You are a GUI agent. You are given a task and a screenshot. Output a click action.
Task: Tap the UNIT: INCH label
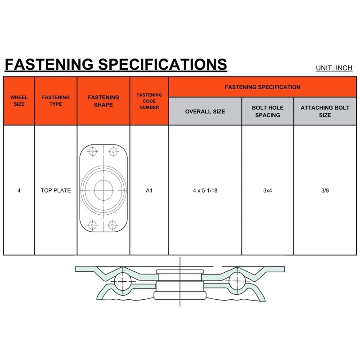[334, 68]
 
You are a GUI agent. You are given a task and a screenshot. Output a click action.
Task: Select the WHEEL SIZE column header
[19, 101]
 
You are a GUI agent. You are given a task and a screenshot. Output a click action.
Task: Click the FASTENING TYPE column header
[56, 101]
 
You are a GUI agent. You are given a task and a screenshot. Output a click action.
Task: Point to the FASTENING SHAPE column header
[103, 101]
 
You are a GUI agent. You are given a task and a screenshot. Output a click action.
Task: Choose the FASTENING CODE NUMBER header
[149, 101]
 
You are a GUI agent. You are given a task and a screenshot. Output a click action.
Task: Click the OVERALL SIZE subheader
[205, 111]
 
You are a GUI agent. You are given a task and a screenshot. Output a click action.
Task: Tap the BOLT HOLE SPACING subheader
[268, 111]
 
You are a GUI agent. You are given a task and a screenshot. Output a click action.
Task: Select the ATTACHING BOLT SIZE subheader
[325, 111]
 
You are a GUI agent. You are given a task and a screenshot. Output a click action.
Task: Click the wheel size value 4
[19, 190]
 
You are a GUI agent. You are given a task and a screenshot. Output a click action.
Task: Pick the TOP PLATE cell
[56, 190]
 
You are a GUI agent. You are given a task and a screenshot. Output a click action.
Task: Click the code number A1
[149, 190]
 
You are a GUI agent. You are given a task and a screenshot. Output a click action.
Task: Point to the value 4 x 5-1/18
[205, 190]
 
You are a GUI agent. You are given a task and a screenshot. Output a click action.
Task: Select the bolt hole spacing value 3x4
[268, 190]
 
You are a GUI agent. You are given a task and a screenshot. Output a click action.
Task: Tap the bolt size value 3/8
[325, 190]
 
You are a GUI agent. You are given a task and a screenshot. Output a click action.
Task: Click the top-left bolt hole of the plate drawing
[93, 152]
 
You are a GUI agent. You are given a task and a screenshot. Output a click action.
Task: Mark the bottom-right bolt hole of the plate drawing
[113, 225]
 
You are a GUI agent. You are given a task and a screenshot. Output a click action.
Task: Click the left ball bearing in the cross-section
[121, 282]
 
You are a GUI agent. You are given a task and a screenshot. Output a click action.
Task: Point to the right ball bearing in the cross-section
[236, 282]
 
